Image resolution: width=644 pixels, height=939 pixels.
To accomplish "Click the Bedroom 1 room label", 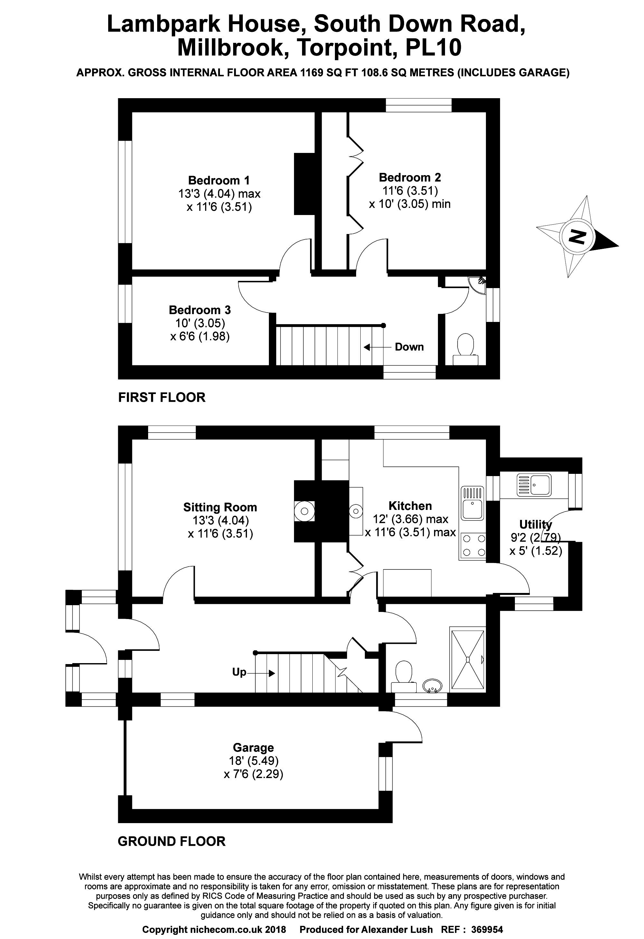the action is (x=219, y=180).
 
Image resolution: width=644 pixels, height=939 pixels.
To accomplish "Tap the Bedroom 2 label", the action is (x=410, y=177).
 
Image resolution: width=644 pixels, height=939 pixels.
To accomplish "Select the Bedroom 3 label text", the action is (x=200, y=310).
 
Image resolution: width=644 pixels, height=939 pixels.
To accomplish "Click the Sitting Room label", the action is (x=220, y=507).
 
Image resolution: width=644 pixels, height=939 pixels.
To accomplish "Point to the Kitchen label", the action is (x=410, y=506).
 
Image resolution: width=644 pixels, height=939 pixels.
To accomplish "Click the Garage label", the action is (x=253, y=747).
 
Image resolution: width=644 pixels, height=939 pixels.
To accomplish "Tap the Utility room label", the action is (x=535, y=524).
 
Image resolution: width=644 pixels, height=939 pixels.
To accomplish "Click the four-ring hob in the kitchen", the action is (x=472, y=545).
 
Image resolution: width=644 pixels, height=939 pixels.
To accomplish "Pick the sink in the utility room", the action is (x=534, y=485).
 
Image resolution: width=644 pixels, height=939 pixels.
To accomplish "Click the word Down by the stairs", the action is (x=409, y=347).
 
